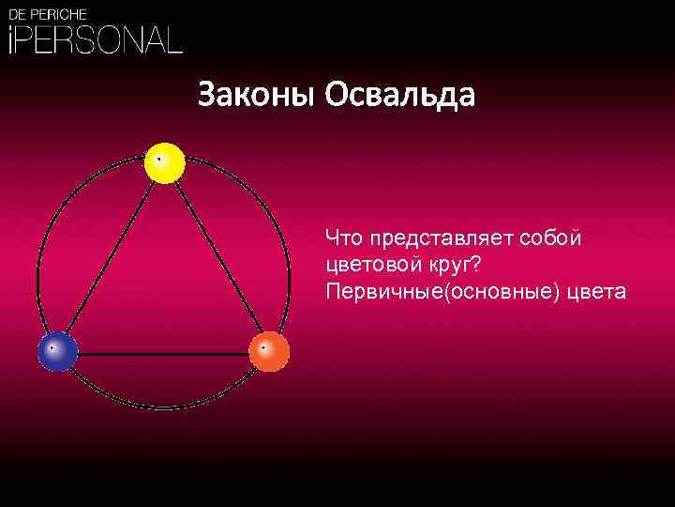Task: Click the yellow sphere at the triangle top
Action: [x=165, y=163]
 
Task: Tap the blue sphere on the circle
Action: [x=57, y=351]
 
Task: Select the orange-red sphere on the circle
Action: [x=269, y=351]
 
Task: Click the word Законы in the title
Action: [x=256, y=95]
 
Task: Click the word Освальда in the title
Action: [x=400, y=95]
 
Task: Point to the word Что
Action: [x=343, y=238]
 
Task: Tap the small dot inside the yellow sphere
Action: [x=159, y=159]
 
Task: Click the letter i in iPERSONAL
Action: [x=12, y=39]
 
